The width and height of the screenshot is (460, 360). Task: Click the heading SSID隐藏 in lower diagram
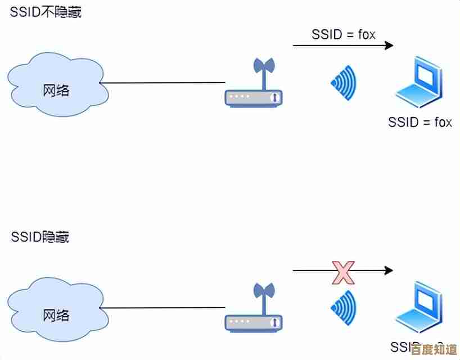coord(40,237)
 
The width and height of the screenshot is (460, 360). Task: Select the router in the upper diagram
coord(253,97)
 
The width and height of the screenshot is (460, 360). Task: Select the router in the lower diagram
coord(253,322)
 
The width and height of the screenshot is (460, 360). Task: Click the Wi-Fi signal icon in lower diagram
coord(344,308)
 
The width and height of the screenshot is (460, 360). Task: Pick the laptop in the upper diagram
coord(419,84)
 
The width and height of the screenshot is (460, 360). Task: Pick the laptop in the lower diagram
coord(419,309)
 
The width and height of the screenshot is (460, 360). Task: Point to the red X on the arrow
coord(342,272)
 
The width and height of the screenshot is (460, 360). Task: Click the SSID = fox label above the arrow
coord(343,34)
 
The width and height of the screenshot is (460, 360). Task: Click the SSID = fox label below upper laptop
coord(420,122)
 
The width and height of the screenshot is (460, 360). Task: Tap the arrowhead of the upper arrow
coord(389,46)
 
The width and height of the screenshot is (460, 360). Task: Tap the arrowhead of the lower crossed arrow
coord(389,271)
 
